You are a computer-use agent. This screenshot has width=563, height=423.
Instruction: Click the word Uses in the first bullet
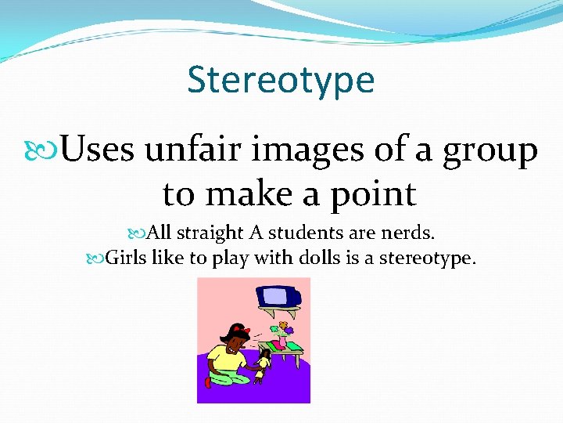[x=97, y=150]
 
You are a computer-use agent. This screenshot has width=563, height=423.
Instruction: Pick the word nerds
[x=414, y=233]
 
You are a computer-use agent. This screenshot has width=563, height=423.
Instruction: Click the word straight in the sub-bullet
[x=210, y=233]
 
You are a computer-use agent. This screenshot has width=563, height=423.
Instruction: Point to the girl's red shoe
[x=208, y=382]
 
